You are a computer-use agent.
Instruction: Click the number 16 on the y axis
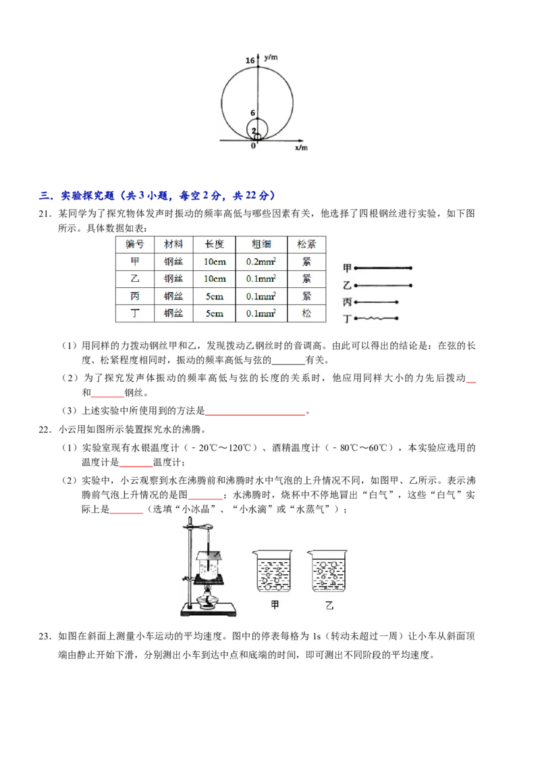click(250, 61)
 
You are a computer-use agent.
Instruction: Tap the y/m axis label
click(271, 57)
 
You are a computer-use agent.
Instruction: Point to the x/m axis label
click(301, 147)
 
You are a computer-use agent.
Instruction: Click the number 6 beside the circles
click(252, 113)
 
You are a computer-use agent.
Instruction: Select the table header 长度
click(214, 244)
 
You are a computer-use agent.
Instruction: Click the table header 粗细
click(261, 244)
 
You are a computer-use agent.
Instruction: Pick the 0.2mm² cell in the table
click(261, 262)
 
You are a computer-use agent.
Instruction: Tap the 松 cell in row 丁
click(306, 313)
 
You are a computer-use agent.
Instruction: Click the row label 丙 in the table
click(135, 296)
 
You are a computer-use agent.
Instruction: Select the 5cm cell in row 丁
click(214, 313)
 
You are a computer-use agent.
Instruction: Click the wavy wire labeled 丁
click(377, 318)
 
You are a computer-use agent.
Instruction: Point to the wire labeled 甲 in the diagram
click(383, 268)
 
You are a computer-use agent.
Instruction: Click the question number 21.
click(45, 214)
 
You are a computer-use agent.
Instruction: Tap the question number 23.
click(45, 636)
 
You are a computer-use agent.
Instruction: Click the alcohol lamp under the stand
click(209, 599)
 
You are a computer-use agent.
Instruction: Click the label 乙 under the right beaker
click(329, 606)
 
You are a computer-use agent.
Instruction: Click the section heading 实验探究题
click(87, 195)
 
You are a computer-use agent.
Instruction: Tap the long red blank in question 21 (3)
click(255, 415)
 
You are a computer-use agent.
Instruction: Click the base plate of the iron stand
click(209, 610)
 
